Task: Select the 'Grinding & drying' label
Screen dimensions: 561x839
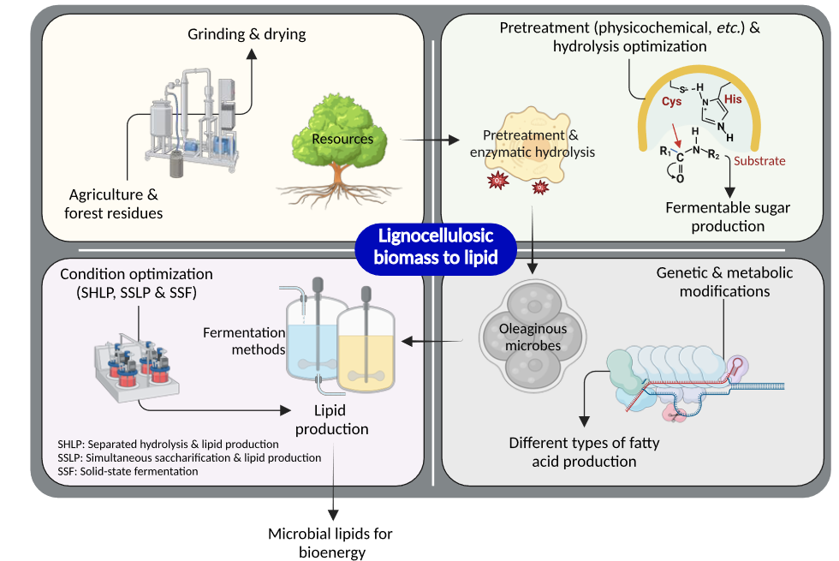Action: coord(247,34)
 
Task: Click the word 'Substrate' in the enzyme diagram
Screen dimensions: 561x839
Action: coord(760,160)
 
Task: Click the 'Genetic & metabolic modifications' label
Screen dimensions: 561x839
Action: coord(724,282)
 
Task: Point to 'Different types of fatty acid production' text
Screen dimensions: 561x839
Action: coord(585,452)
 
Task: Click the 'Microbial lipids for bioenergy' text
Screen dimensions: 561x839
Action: coord(330,543)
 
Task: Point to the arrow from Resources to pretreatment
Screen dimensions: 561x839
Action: coord(426,140)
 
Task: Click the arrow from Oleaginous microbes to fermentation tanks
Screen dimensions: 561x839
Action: coord(432,342)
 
